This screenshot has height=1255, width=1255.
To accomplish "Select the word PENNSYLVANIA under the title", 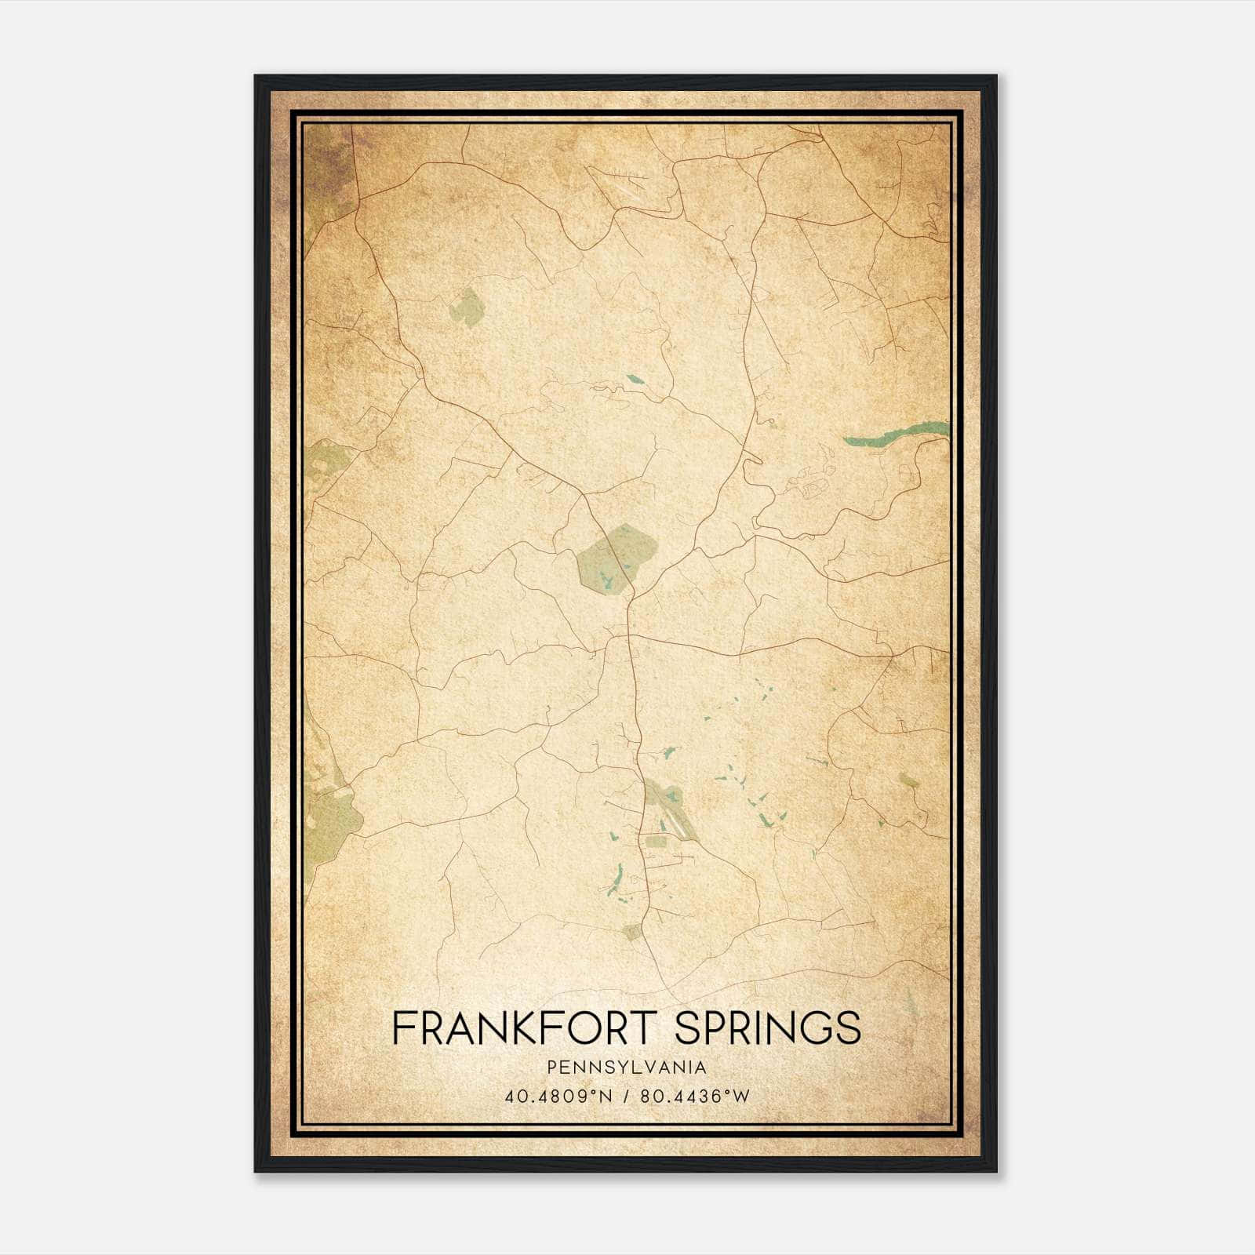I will [627, 1068].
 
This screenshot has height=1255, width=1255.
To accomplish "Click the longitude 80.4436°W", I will [695, 1096].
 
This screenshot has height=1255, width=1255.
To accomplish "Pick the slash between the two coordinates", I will [626, 1096].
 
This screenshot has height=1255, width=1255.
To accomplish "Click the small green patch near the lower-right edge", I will [909, 780].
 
